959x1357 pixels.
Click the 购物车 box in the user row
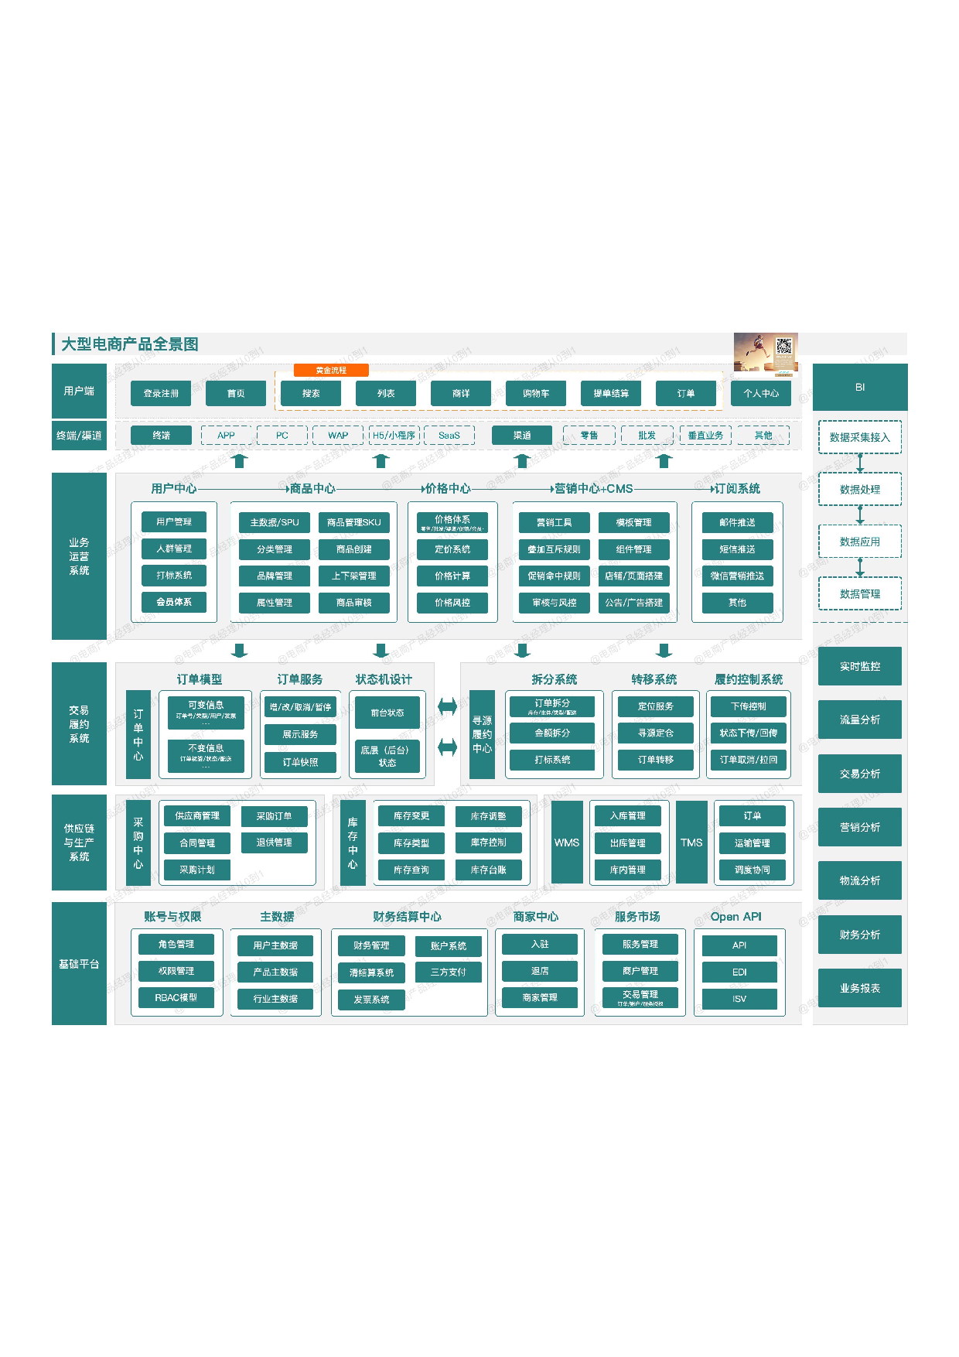[535, 393]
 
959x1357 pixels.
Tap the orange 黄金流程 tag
[331, 371]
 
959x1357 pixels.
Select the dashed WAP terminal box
[338, 436]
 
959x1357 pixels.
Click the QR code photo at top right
[766, 353]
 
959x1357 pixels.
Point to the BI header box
[859, 387]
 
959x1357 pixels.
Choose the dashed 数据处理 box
[859, 489]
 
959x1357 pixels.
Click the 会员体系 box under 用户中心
[174, 602]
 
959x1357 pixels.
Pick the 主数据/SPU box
[275, 522]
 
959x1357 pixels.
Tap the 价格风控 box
[452, 603]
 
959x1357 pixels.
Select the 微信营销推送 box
[737, 576]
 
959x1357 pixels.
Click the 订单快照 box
[300, 762]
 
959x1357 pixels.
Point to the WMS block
[567, 843]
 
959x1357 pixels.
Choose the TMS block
[691, 843]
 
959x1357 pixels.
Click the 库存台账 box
[488, 870]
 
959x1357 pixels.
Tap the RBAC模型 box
[176, 998]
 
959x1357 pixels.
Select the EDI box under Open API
[739, 972]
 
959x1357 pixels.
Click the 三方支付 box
[449, 972]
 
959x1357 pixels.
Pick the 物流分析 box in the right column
[859, 880]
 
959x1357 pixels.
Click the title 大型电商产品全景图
[130, 344]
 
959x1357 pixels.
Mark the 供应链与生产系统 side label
[79, 843]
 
